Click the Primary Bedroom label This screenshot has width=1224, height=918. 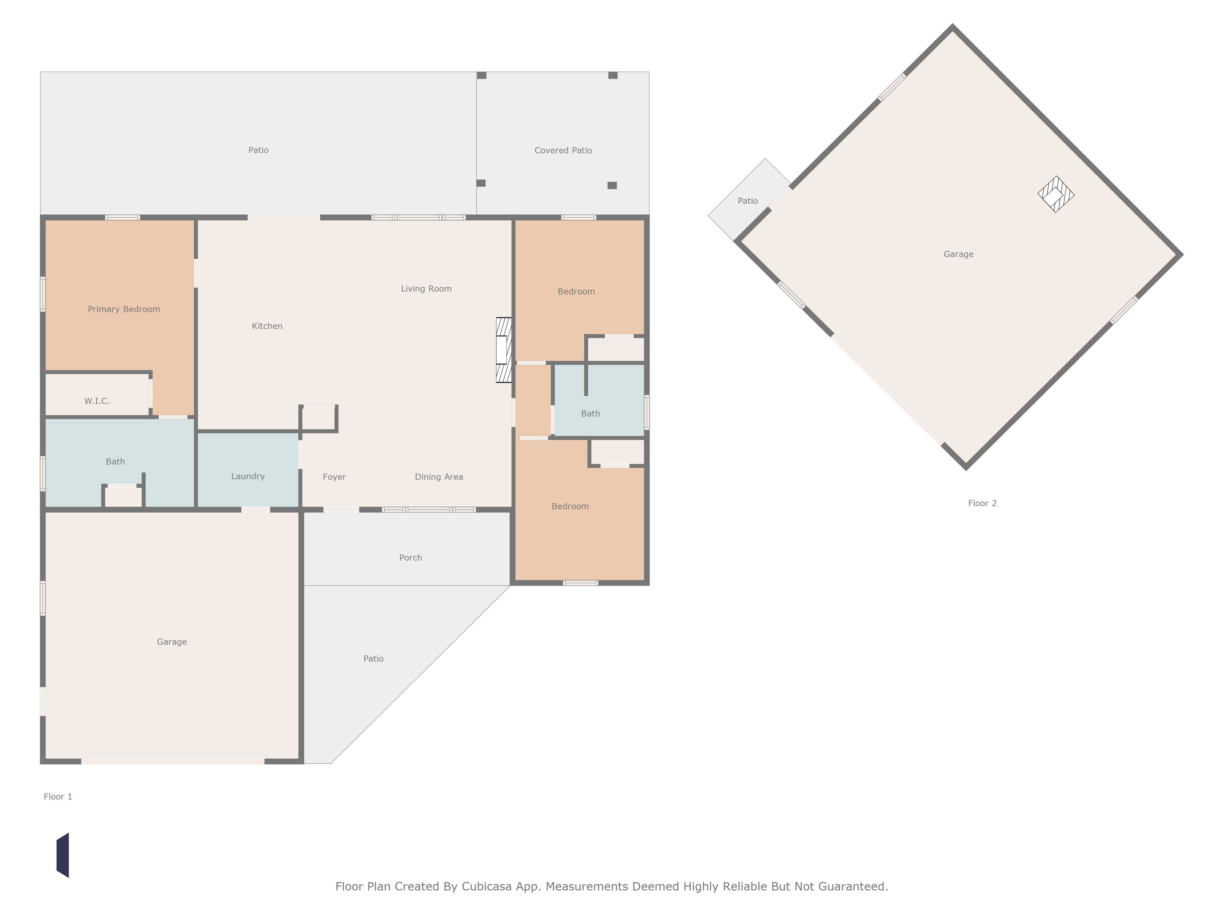124,309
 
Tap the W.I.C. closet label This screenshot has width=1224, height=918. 97,401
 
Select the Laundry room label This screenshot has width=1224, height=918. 248,477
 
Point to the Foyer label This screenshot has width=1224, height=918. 334,477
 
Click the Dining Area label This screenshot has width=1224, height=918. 439,477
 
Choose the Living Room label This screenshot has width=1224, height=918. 426,289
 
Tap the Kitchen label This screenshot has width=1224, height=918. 267,327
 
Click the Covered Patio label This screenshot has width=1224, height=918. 563,150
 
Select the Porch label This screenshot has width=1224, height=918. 410,558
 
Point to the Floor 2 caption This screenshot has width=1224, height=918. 982,503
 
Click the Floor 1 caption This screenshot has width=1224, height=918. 58,797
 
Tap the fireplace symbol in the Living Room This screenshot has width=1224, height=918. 503,350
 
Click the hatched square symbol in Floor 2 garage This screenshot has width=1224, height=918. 1056,194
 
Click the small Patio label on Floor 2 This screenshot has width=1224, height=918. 747,201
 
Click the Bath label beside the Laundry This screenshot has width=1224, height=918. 115,462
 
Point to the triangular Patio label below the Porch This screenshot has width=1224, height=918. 373,659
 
